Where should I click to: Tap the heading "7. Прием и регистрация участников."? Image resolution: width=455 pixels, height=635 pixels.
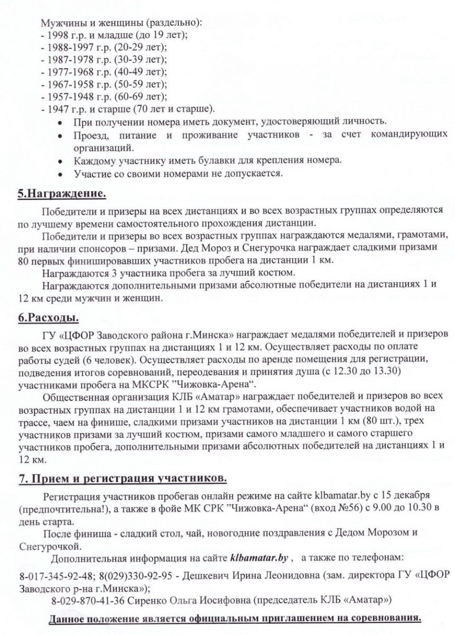tap(123, 478)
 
